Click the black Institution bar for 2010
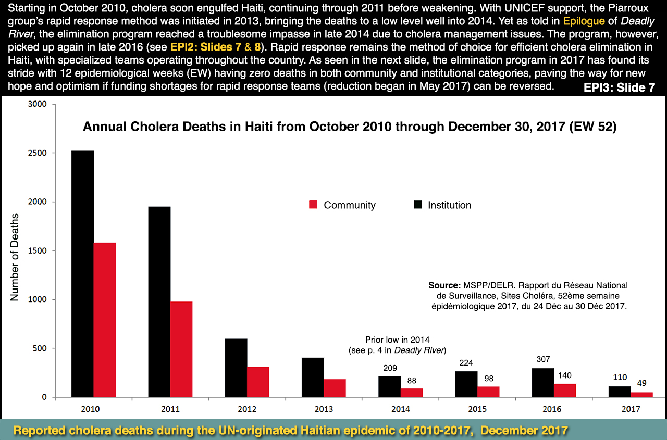[82, 274]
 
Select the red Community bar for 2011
[181, 349]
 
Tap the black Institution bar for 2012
[236, 368]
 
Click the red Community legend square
[313, 205]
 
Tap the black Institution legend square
[418, 205]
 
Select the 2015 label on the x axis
[477, 409]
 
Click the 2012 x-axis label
[247, 409]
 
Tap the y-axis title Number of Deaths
[15, 256]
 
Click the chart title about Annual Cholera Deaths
[350, 127]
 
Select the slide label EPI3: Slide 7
[619, 87]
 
